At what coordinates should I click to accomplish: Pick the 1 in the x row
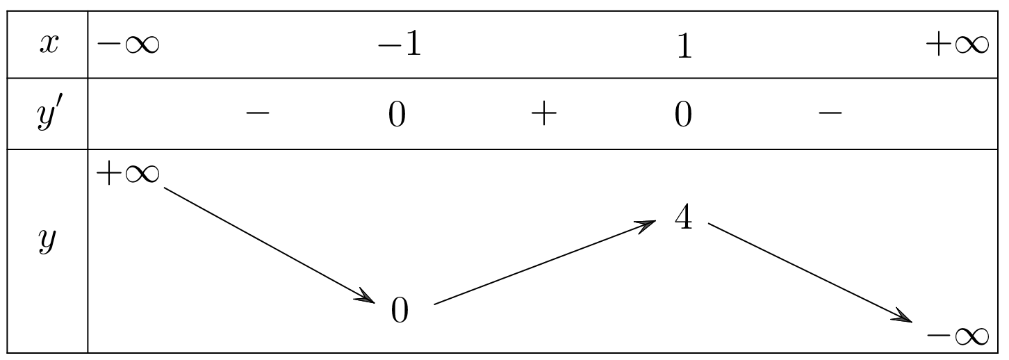(x=684, y=47)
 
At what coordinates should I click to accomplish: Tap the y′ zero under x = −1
(x=397, y=114)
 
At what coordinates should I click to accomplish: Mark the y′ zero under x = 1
(x=683, y=114)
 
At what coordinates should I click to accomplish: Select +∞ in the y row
(x=127, y=174)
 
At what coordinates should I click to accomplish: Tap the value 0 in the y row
(x=399, y=311)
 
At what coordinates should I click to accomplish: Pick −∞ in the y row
(x=957, y=336)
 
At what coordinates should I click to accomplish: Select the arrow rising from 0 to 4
(x=544, y=263)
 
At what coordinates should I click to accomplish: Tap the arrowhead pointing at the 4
(x=648, y=224)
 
